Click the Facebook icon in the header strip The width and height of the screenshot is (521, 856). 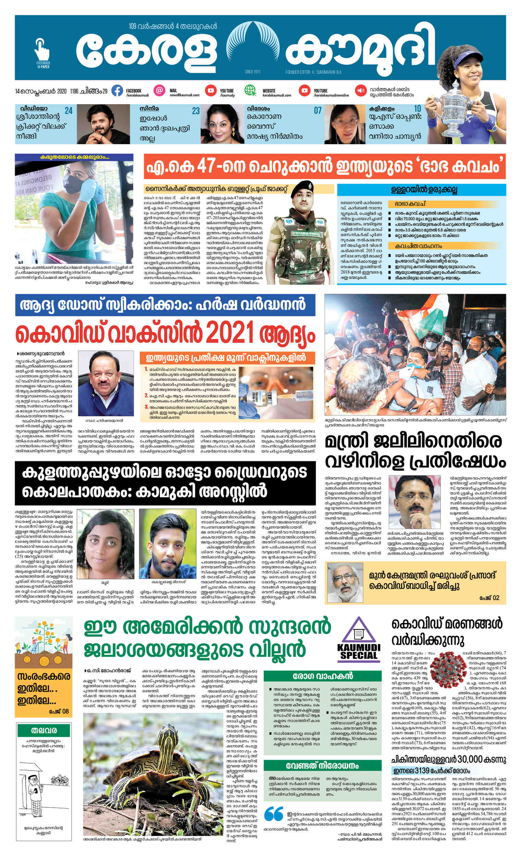[x=117, y=91]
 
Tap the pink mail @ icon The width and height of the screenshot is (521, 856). [x=159, y=90]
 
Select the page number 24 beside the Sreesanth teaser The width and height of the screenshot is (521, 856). [x=69, y=111]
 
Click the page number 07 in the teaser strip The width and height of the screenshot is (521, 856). [x=317, y=111]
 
